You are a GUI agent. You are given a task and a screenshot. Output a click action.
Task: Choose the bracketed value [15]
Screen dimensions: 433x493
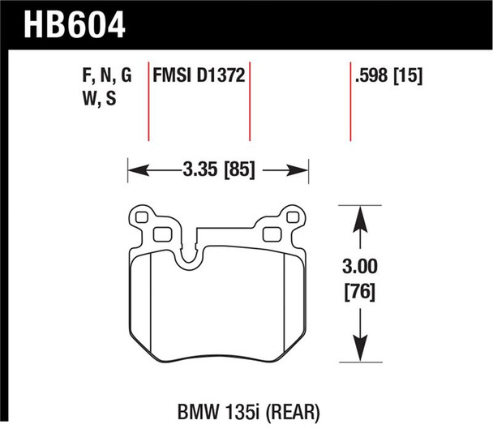410,77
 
